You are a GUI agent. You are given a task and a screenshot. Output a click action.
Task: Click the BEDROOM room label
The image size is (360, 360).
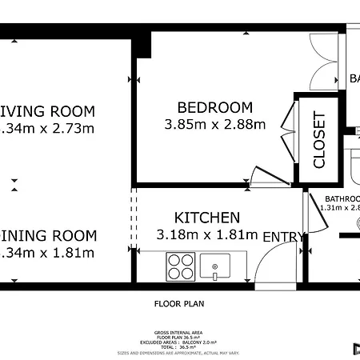point(214,107)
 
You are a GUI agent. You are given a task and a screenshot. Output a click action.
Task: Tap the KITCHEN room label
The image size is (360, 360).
point(207,218)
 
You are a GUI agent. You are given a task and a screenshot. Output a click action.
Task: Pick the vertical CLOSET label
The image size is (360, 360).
point(319,140)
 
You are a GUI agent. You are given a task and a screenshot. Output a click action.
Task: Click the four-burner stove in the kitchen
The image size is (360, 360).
point(181,266)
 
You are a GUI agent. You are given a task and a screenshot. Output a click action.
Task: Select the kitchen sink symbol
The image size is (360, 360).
point(214,265)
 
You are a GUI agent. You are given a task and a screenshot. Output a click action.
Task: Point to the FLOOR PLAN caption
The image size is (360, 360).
point(179,304)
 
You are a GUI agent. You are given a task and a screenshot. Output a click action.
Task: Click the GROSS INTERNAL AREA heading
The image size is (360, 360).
point(179,332)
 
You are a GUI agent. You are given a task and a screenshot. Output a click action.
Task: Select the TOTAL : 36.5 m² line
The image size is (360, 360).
point(179,347)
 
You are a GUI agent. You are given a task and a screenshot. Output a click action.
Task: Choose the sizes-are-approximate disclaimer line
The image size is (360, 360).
point(179,353)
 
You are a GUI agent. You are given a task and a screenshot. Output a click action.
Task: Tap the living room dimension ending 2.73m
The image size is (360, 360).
point(48,128)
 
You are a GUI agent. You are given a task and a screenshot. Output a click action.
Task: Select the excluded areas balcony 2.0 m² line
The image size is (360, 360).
point(179,342)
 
